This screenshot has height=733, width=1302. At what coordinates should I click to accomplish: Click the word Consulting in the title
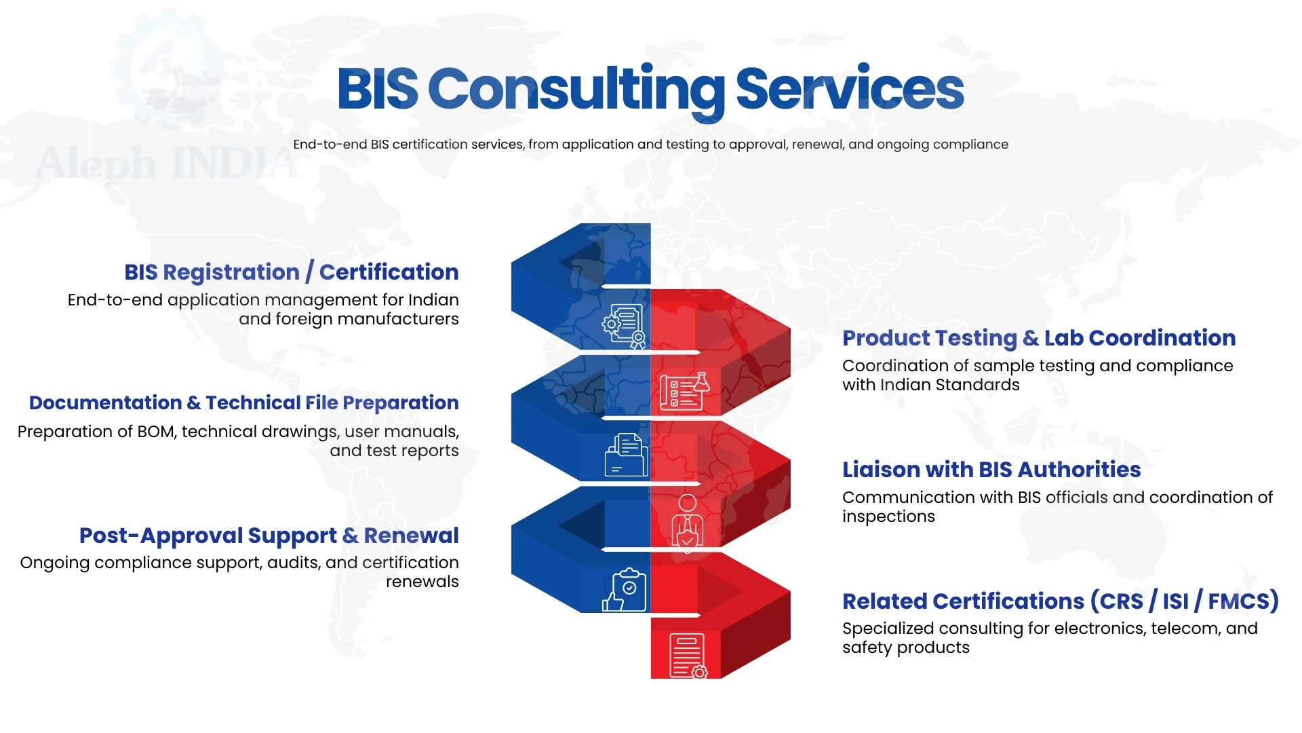(x=576, y=90)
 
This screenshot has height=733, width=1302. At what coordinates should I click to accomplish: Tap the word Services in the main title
(x=849, y=90)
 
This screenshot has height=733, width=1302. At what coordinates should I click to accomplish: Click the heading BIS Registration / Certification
(x=291, y=272)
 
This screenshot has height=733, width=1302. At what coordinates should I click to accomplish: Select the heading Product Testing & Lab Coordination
(x=1038, y=338)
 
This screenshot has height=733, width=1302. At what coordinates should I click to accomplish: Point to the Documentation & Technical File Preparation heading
(x=243, y=403)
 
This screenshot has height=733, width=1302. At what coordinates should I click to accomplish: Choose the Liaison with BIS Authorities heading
(x=991, y=470)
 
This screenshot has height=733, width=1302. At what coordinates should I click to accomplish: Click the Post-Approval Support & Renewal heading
(x=269, y=535)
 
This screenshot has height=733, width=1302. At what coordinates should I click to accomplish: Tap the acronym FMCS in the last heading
(x=1242, y=601)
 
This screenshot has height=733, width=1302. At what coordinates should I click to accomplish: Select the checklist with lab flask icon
(x=684, y=392)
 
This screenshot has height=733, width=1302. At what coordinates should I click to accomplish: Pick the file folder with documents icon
(x=625, y=455)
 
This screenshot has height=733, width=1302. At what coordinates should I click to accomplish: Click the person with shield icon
(x=687, y=521)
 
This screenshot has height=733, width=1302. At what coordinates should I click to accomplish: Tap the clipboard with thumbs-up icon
(x=625, y=590)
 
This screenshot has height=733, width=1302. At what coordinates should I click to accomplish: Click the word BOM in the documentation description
(x=155, y=432)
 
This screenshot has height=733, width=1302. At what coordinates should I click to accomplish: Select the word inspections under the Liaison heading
(x=888, y=516)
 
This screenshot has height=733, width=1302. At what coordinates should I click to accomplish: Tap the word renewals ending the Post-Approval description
(x=422, y=582)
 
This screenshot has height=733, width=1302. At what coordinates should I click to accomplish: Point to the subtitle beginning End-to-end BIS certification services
(x=650, y=145)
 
